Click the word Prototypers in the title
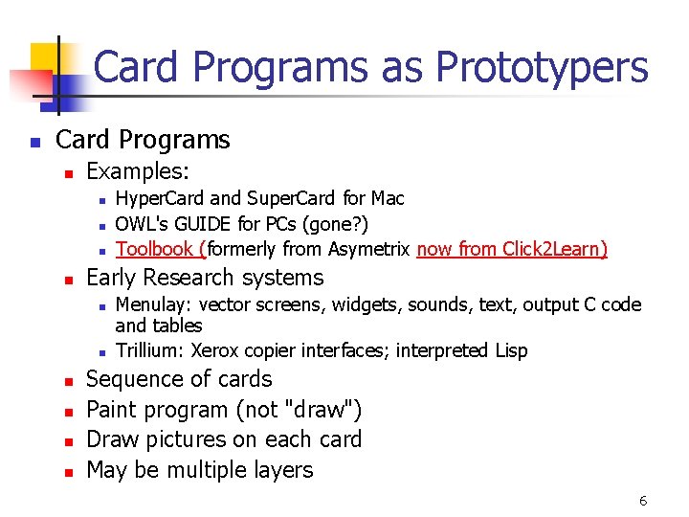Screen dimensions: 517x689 coord(542,68)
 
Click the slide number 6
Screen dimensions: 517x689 coord(643,501)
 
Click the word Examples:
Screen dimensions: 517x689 coord(138,172)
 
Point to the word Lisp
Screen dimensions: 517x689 coord(509,350)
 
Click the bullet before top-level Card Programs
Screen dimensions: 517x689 coord(34,142)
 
